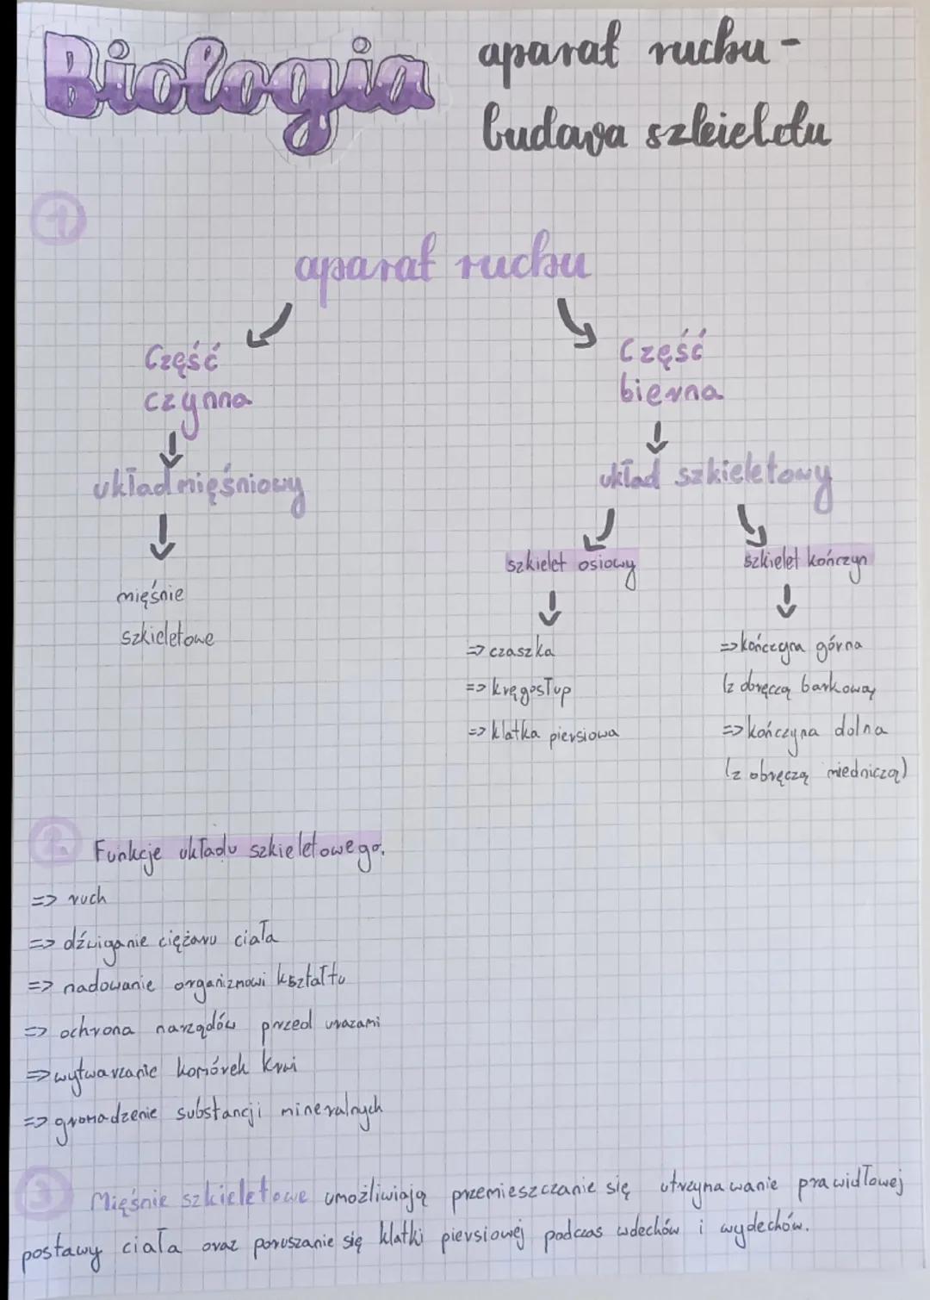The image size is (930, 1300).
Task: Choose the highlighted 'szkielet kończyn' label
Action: tap(807, 561)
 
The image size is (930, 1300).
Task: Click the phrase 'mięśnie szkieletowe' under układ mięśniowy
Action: tap(165, 616)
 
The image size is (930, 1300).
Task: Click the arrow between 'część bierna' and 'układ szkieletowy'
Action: tap(657, 436)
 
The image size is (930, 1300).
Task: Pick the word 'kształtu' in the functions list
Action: tap(313, 980)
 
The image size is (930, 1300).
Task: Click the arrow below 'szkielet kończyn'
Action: tap(786, 601)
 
